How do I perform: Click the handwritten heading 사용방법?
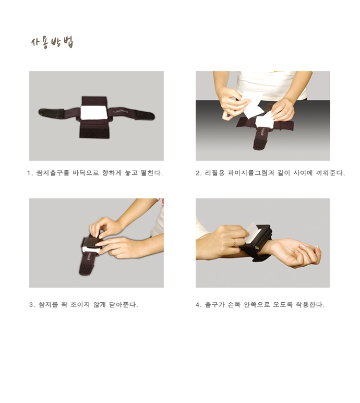pyautogui.click(x=52, y=42)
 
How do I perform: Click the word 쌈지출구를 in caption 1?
pyautogui.click(x=53, y=173)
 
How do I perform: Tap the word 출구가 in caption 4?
pyautogui.click(x=214, y=304)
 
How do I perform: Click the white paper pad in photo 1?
pyautogui.click(x=94, y=112)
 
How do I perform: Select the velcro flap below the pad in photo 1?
pyautogui.click(x=95, y=129)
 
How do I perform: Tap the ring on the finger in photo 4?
pyautogui.click(x=234, y=242)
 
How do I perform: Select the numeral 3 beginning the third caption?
pyautogui.click(x=31, y=305)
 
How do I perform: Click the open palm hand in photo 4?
pyautogui.click(x=295, y=253)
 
